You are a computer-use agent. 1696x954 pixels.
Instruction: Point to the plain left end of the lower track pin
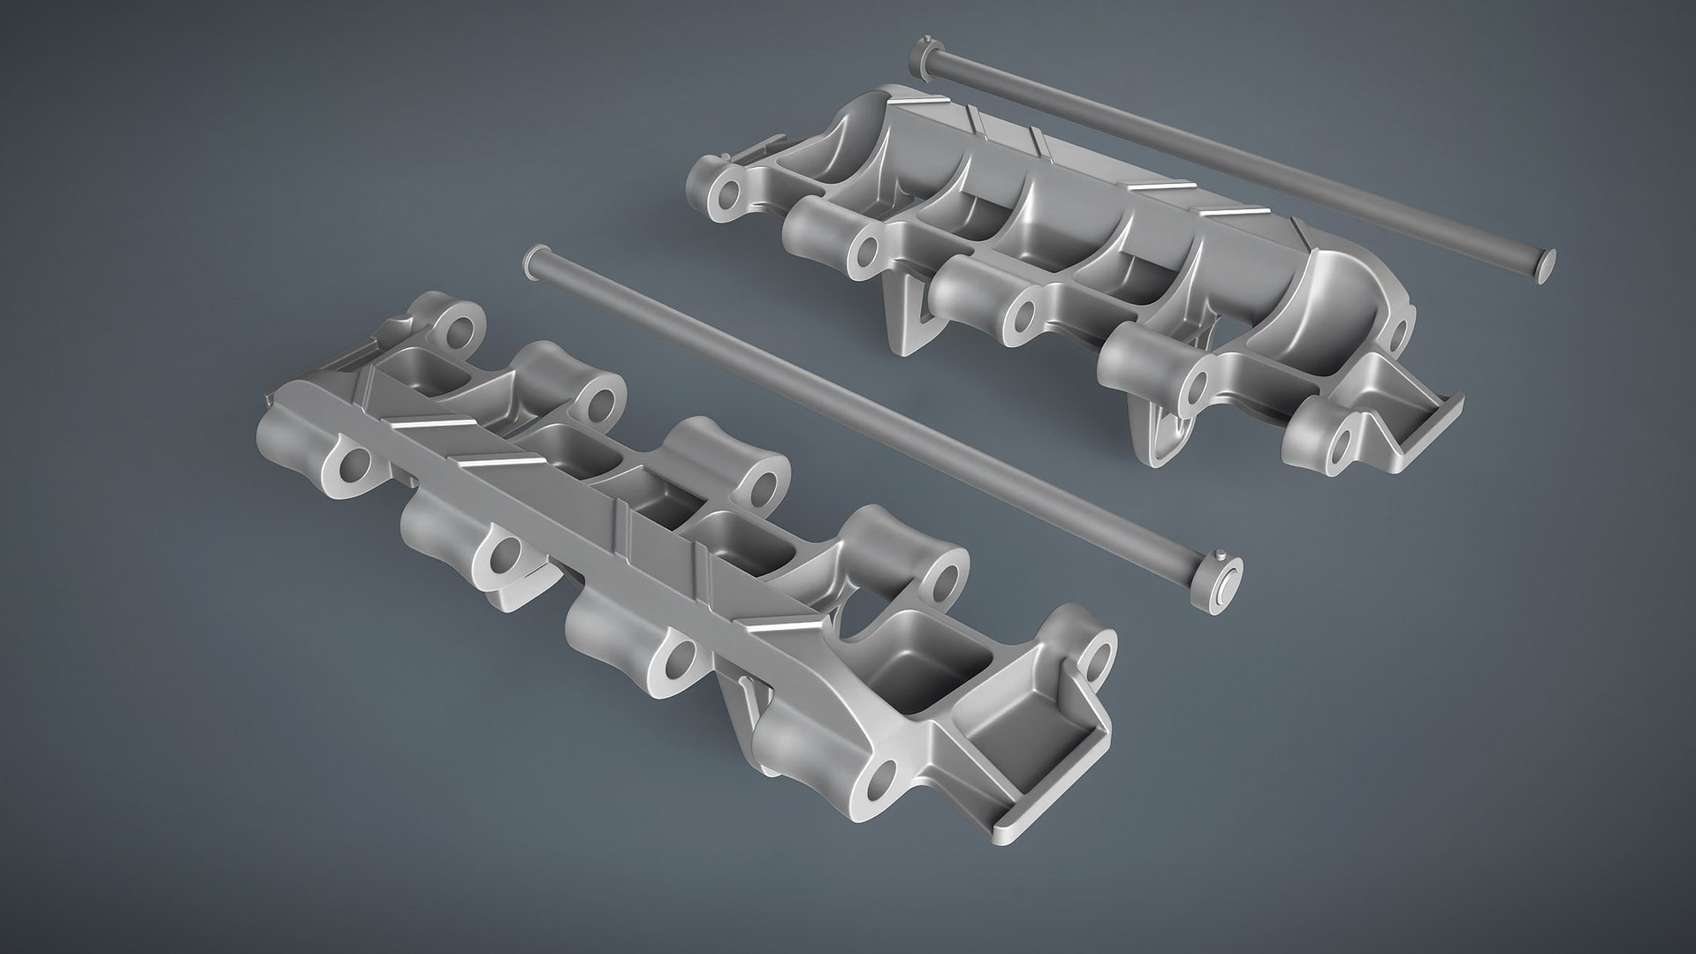pyautogui.click(x=532, y=258)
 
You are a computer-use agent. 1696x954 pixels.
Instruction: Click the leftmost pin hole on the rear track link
pyautogui.click(x=730, y=196)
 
